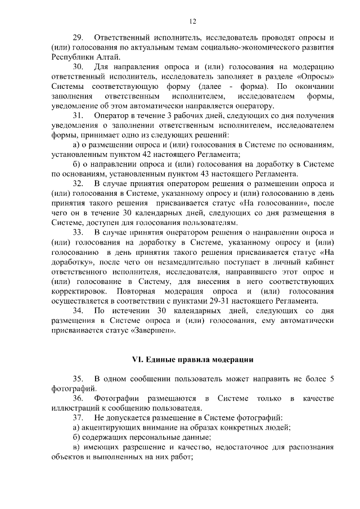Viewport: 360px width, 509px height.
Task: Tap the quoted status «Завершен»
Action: click(x=152, y=330)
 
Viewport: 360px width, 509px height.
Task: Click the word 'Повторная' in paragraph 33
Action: click(x=138, y=291)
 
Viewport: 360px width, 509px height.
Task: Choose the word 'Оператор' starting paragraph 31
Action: click(x=112, y=115)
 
